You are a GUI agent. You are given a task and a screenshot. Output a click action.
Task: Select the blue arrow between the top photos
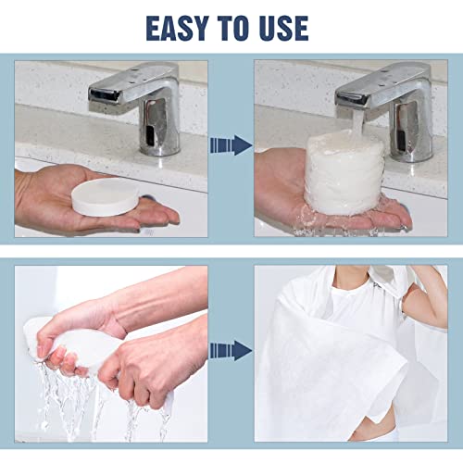[x=231, y=144]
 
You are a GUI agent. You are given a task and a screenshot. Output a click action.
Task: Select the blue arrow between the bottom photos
[x=231, y=349]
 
